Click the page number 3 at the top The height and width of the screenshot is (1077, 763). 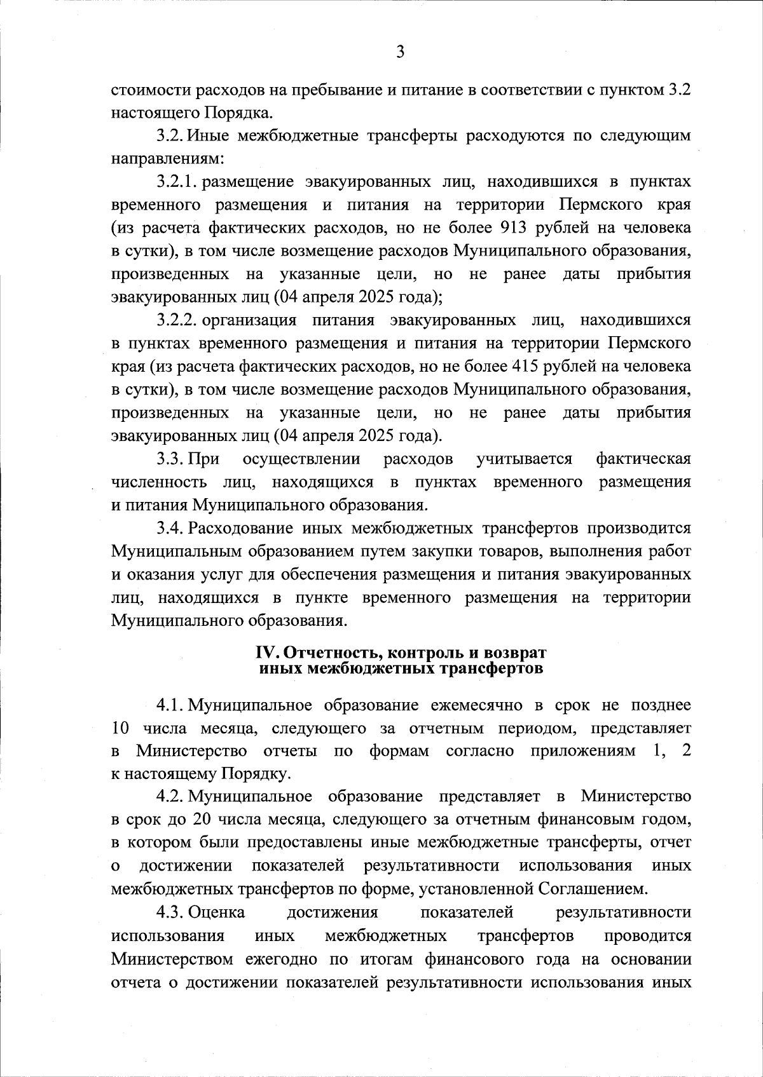coord(400,53)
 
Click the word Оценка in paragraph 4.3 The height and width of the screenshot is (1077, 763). coord(216,912)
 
